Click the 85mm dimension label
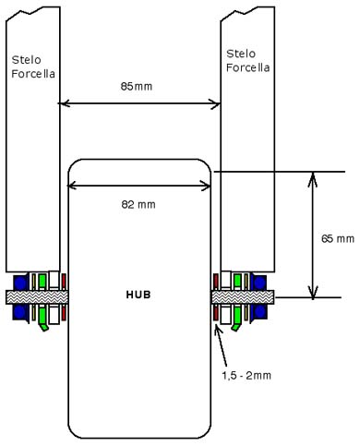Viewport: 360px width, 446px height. [x=137, y=86]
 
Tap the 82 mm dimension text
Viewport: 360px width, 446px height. [x=138, y=204]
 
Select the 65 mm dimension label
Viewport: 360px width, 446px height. [x=338, y=238]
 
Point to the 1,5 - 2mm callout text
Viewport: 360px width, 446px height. [x=246, y=376]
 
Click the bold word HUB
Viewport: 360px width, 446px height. [x=138, y=295]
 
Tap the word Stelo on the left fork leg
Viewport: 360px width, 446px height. [x=26, y=60]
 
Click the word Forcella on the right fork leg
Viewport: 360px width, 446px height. [x=248, y=67]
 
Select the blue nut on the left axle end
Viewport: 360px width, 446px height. [x=20, y=297]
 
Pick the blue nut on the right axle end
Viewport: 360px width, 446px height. [x=259, y=297]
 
